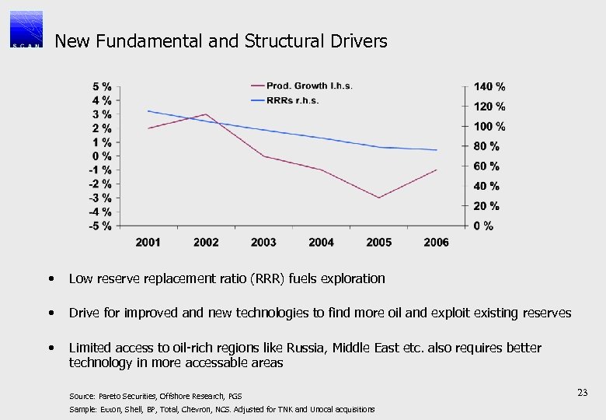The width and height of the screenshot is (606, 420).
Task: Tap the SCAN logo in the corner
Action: tap(26, 30)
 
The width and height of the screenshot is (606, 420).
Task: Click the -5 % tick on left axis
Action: tap(99, 226)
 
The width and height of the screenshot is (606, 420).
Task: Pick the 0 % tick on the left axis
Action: tap(101, 156)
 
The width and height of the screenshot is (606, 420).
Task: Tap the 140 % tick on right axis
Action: tap(489, 86)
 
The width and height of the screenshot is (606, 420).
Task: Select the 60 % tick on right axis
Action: tap(486, 166)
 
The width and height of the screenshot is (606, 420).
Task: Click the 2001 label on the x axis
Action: tap(148, 243)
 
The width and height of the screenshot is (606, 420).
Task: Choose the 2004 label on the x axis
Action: tap(321, 243)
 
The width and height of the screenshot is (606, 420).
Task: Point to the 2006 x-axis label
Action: tap(436, 243)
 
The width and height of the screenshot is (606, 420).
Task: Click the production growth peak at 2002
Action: tap(206, 114)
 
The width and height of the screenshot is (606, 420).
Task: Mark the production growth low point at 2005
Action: tap(379, 198)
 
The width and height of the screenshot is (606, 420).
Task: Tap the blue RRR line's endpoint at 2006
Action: tap(437, 150)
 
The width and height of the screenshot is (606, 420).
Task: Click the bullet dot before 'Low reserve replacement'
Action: tap(50, 278)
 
